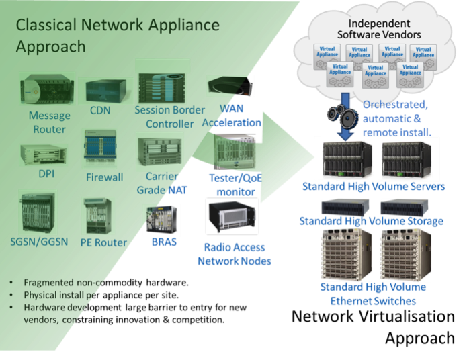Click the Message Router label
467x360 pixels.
pyautogui.click(x=49, y=122)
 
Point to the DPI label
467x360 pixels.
pyautogui.click(x=46, y=174)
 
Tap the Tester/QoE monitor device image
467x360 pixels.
pyautogui.click(x=233, y=152)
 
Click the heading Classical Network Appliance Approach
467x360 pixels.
pyautogui.click(x=118, y=36)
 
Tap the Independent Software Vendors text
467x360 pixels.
pyautogui.click(x=379, y=29)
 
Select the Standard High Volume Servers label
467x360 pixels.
pyautogui.click(x=374, y=186)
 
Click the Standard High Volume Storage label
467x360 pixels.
pyautogui.click(x=371, y=221)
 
